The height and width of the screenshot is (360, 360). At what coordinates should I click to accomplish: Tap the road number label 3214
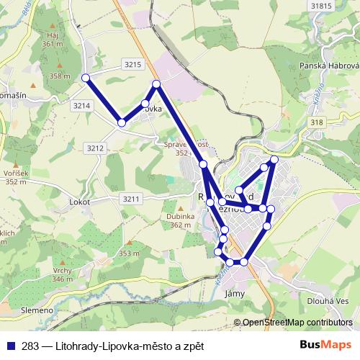(x=81, y=105)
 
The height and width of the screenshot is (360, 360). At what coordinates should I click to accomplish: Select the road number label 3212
(x=96, y=148)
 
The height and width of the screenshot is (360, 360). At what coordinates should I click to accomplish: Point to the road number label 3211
(x=130, y=198)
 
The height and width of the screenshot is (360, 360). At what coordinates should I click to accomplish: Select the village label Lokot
(x=79, y=202)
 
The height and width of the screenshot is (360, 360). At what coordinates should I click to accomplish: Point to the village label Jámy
(x=235, y=293)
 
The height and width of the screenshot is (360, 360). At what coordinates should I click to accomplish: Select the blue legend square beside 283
(x=11, y=346)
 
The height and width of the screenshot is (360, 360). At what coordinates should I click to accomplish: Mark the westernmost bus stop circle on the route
(x=86, y=78)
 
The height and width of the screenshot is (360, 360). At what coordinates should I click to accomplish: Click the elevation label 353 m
(x=129, y=253)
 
